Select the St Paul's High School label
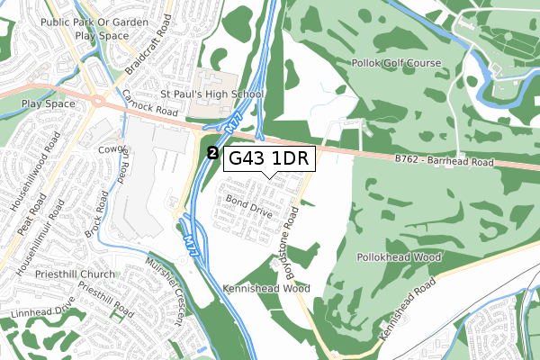[212, 94]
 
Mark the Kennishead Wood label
[266, 289]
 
